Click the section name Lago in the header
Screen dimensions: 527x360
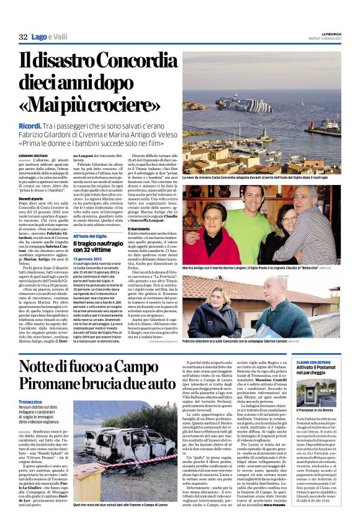coord(40,37)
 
